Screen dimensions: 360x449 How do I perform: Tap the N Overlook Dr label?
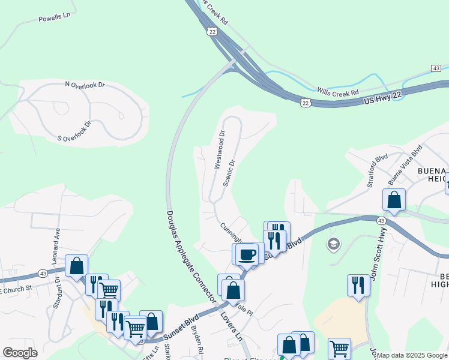[x=85, y=85]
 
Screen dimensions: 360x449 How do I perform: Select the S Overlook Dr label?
[x=74, y=132]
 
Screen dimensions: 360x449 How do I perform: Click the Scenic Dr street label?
[x=229, y=172]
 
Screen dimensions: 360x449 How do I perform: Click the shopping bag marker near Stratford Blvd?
[x=394, y=201]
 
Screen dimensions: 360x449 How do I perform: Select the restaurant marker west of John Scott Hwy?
[x=358, y=285]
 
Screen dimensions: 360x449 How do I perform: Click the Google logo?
[x=20, y=352]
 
